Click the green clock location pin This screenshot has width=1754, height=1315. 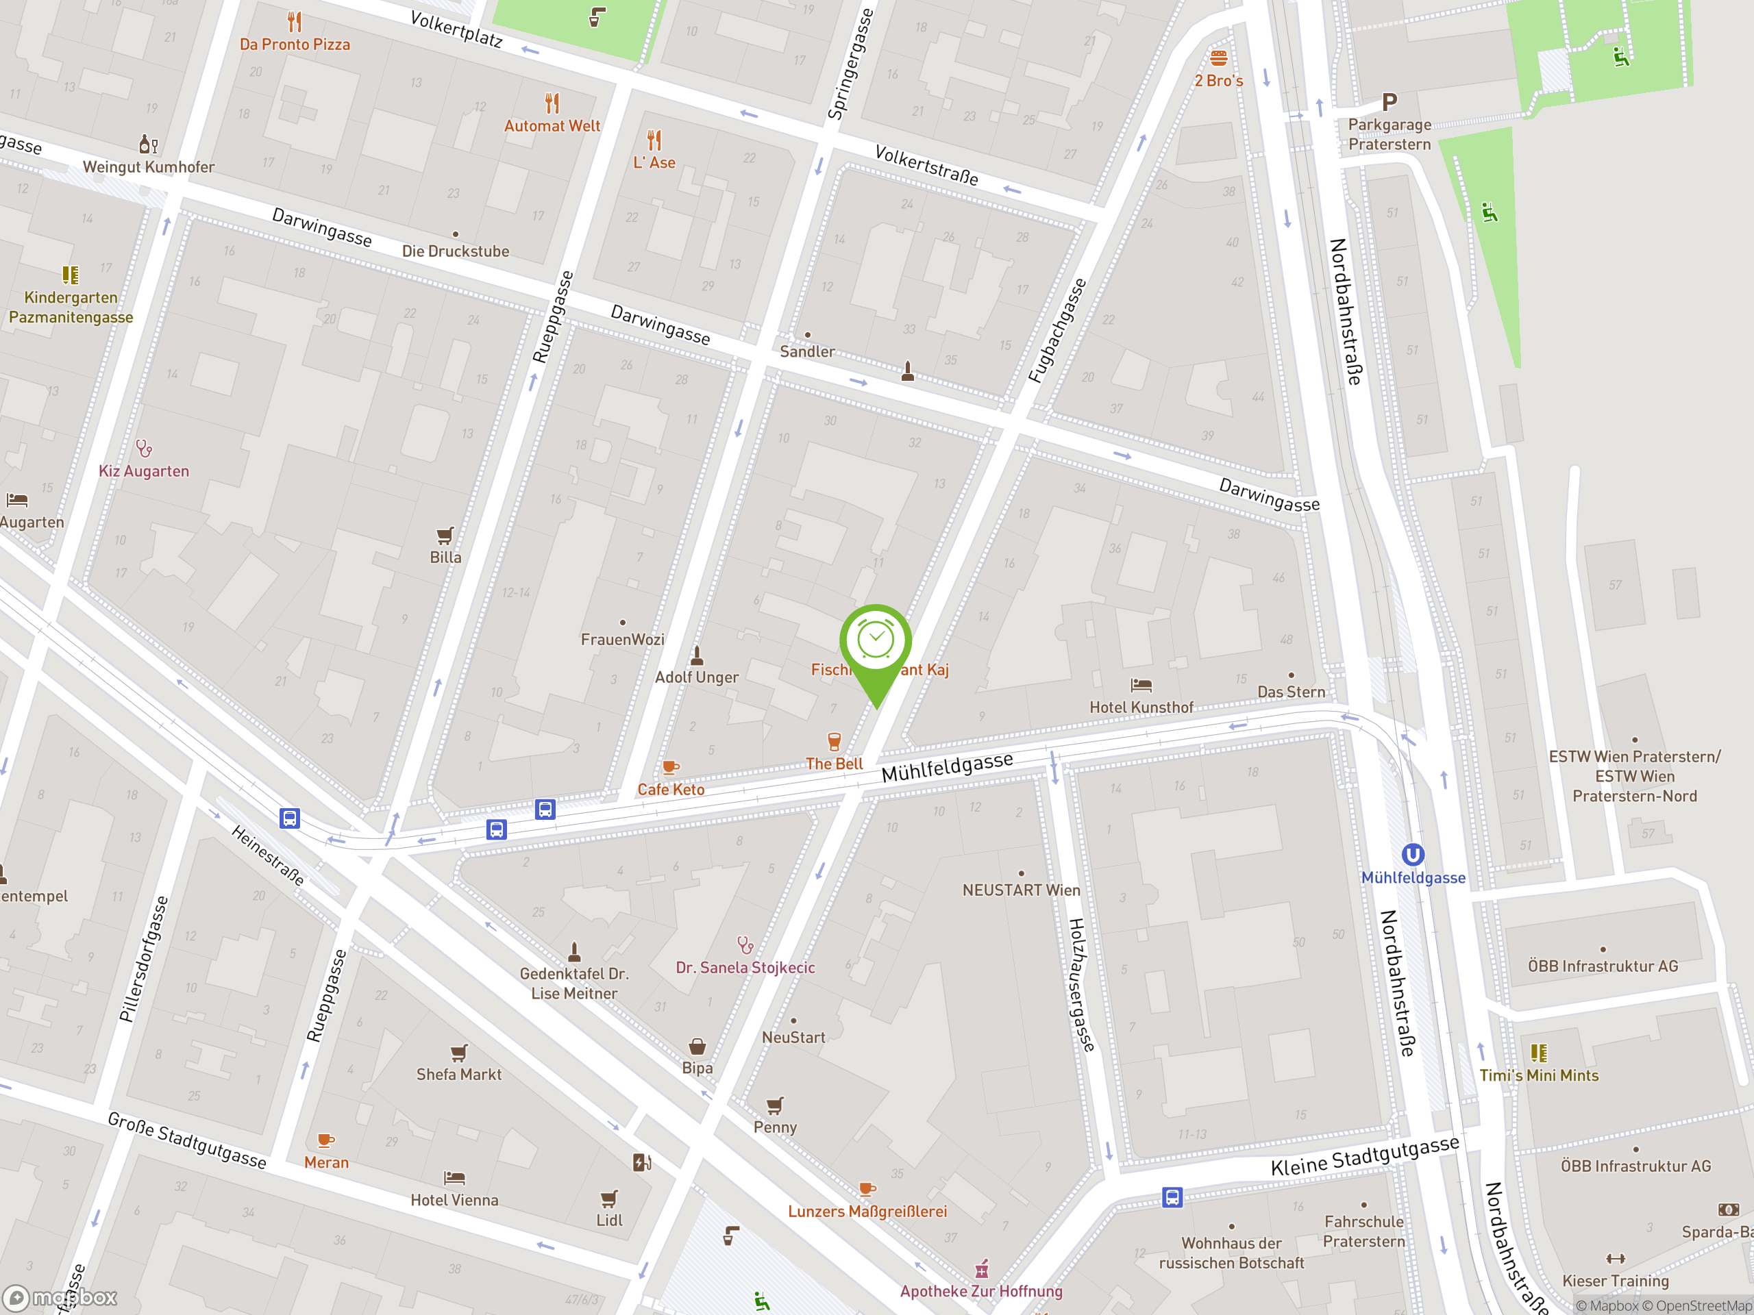pyautogui.click(x=876, y=642)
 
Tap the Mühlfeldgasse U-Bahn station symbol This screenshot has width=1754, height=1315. pyautogui.click(x=1413, y=855)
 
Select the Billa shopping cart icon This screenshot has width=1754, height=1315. pyautogui.click(x=445, y=536)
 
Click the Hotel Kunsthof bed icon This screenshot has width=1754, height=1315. pyautogui.click(x=1141, y=685)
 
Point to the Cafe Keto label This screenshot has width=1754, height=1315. pyautogui.click(x=671, y=790)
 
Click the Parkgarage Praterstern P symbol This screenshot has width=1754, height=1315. pyautogui.click(x=1389, y=102)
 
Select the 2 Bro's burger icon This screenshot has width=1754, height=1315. pyautogui.click(x=1219, y=58)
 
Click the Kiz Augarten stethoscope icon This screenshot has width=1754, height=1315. pyautogui.click(x=143, y=449)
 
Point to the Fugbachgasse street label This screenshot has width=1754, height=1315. pyautogui.click(x=1057, y=331)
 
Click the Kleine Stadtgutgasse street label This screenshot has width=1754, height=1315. pyautogui.click(x=1365, y=1155)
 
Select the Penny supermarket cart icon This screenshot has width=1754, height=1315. pyautogui.click(x=775, y=1105)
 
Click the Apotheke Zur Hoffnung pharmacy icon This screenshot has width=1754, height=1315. pyautogui.click(x=982, y=1270)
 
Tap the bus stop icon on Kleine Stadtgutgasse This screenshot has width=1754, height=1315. pyautogui.click(x=1172, y=1197)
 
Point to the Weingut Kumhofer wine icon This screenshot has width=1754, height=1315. pyautogui.click(x=148, y=145)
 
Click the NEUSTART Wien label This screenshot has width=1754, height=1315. pyautogui.click(x=1022, y=890)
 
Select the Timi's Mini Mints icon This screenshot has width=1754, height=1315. pyautogui.click(x=1538, y=1053)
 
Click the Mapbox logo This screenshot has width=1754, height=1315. pyautogui.click(x=61, y=1298)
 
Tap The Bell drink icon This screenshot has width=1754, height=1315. pyautogui.click(x=835, y=742)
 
